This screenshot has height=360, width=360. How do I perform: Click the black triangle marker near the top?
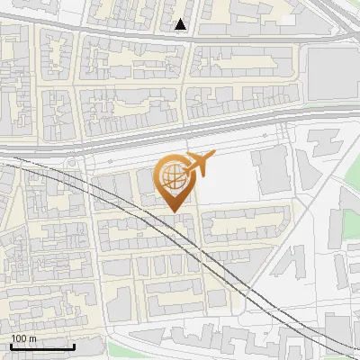point(181,25)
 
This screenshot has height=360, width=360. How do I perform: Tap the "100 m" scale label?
point(23,338)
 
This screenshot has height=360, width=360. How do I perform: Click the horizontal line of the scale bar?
point(42,347)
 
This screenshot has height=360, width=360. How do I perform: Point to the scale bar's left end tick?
point(10,345)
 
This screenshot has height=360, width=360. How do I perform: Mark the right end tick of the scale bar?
point(75,345)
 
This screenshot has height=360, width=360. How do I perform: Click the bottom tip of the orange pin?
point(174,211)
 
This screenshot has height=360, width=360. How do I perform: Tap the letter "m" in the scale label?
point(33,338)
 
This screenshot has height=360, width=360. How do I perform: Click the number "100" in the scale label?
point(19,338)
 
